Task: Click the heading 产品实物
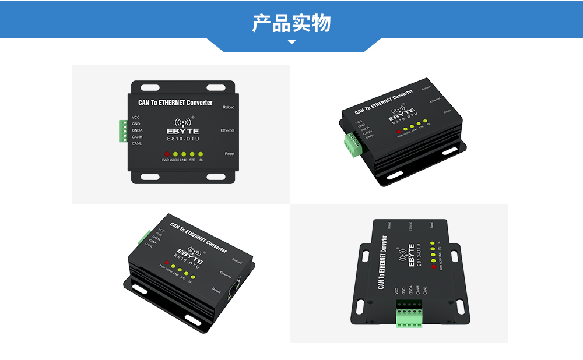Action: (291, 23)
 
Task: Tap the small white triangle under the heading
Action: (292, 42)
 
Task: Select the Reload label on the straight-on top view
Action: (229, 107)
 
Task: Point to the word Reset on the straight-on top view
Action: (229, 153)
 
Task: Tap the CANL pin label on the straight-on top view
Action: (137, 143)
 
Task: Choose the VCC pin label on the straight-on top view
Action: (136, 118)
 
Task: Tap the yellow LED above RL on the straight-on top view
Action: (201, 154)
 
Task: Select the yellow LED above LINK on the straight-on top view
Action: (183, 154)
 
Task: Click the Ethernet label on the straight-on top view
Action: (227, 130)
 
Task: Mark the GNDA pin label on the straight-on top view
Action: (137, 130)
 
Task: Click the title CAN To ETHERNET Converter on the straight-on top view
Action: (175, 103)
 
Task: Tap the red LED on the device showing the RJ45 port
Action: (166, 262)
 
